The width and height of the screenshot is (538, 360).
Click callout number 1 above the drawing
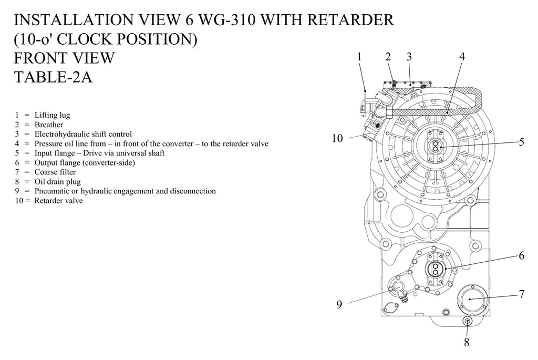(359, 57)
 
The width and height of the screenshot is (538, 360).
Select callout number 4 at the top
(462, 57)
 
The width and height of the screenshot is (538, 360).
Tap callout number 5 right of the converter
(521, 142)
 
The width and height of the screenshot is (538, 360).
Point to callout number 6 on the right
(521, 255)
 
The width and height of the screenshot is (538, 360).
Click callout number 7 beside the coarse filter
(521, 294)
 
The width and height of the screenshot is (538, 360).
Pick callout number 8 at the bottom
(467, 342)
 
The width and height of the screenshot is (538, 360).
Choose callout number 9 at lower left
(339, 304)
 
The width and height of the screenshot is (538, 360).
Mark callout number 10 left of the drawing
(337, 138)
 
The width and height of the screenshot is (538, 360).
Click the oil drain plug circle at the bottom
(467, 321)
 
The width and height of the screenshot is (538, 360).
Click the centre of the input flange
(436, 146)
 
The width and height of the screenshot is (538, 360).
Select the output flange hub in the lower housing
(436, 269)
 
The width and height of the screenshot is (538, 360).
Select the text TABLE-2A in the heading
(53, 77)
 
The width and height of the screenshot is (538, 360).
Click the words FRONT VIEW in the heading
(64, 58)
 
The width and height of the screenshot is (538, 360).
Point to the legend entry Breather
(49, 125)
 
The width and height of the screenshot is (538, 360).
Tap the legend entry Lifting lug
(52, 115)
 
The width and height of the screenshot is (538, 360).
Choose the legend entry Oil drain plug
(58, 182)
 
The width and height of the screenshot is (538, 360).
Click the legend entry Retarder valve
(59, 201)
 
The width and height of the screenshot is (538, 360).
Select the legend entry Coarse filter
(55, 172)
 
